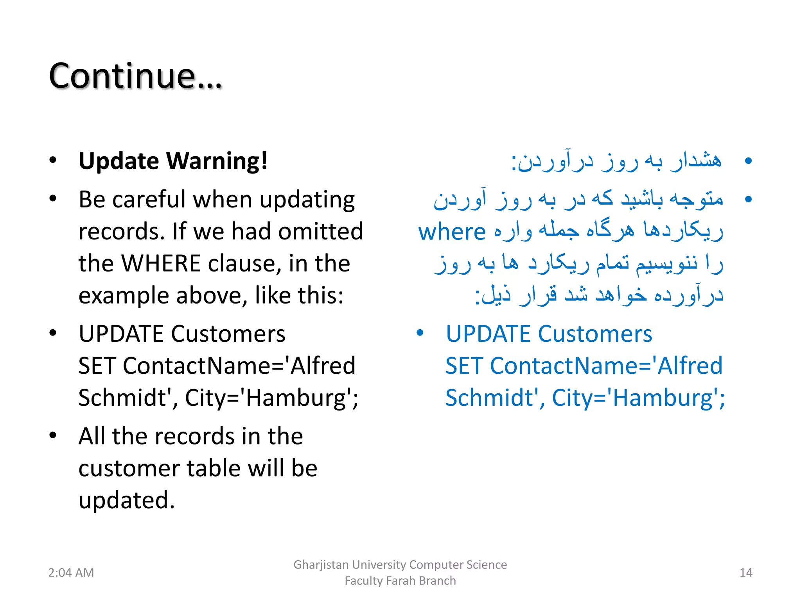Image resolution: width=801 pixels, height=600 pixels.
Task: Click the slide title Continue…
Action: click(135, 76)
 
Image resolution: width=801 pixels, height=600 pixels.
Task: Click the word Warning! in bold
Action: click(217, 161)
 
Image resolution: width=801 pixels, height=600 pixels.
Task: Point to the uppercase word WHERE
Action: click(161, 263)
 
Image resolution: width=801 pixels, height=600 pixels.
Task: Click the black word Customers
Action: click(228, 334)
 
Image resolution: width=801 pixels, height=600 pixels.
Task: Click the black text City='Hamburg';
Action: click(271, 398)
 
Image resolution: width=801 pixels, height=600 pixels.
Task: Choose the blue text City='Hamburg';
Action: click(638, 398)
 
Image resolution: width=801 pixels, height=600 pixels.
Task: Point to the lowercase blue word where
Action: click(452, 232)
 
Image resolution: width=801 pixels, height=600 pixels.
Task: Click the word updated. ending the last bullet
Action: click(126, 500)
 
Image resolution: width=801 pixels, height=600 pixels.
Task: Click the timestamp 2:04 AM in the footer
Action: click(71, 573)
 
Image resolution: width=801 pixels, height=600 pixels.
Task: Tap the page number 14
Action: click(746, 573)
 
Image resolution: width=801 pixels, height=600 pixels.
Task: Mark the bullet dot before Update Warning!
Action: click(53, 161)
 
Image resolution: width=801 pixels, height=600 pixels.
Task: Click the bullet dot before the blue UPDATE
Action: click(420, 333)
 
